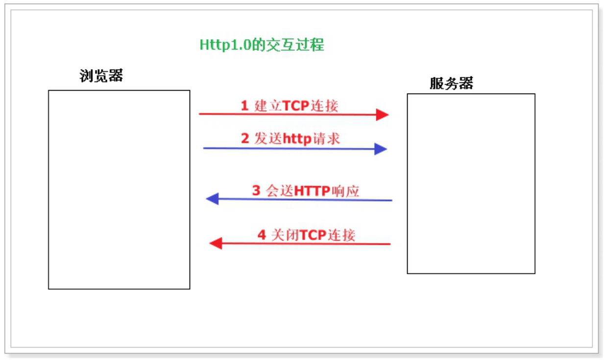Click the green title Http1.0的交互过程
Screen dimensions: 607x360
point(262,45)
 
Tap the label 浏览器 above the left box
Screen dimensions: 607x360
point(101,75)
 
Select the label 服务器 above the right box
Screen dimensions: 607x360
point(452,83)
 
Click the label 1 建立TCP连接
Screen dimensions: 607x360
point(290,106)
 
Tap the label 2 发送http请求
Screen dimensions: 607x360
point(290,139)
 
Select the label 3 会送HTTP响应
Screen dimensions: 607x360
point(305,191)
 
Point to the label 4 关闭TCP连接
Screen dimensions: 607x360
point(306,235)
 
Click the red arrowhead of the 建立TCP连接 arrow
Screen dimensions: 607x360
point(382,115)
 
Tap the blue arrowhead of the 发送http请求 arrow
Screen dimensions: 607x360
point(381,149)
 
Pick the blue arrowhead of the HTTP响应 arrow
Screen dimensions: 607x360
point(213,199)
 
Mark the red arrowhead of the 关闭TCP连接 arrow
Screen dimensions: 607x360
point(216,243)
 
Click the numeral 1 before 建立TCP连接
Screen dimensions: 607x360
point(244,106)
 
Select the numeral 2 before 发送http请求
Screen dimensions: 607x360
point(245,139)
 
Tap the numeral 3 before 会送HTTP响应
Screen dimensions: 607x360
point(256,191)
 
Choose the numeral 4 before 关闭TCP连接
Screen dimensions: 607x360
point(262,235)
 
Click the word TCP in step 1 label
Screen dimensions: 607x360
point(295,106)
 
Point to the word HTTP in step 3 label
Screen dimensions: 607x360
point(312,191)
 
